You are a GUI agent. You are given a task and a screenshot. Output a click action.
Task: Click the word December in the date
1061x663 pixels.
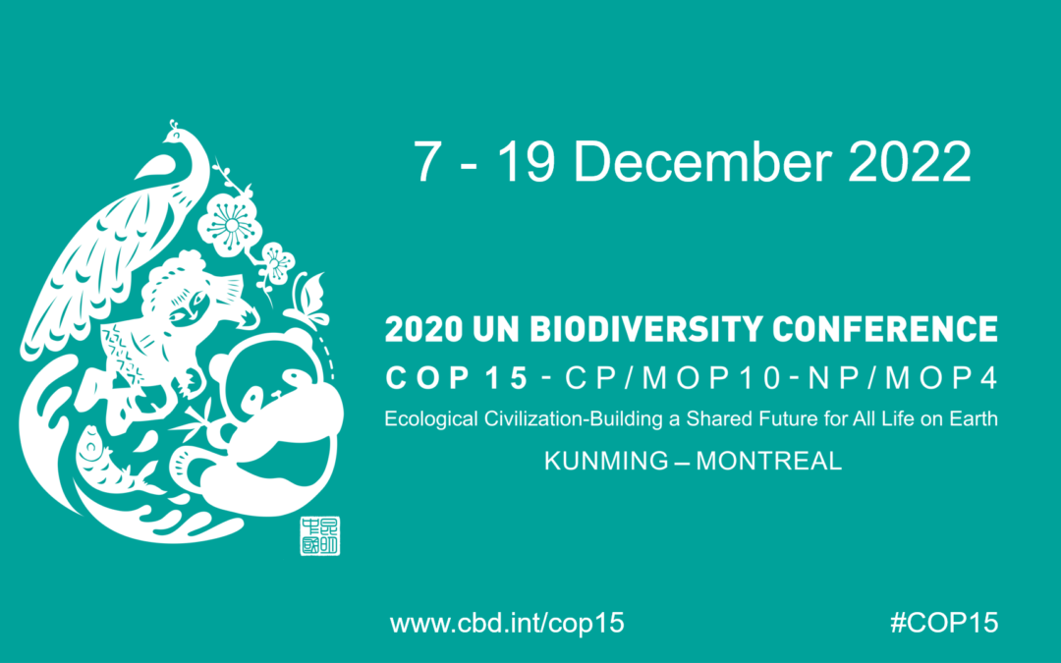click(701, 161)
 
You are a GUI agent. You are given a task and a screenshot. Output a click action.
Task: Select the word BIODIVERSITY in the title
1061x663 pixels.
click(646, 329)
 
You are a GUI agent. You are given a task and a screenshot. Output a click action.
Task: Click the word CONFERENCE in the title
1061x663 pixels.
click(885, 329)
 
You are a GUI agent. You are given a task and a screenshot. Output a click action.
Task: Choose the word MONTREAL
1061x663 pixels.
click(768, 461)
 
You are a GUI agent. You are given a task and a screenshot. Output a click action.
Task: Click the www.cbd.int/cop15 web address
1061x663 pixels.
click(507, 623)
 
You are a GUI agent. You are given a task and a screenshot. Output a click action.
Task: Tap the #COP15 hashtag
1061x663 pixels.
click(944, 623)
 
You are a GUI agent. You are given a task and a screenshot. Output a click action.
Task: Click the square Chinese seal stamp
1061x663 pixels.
click(320, 536)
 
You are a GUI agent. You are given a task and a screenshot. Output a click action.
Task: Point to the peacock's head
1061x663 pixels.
click(177, 135)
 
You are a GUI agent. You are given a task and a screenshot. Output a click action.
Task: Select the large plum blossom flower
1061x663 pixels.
click(230, 223)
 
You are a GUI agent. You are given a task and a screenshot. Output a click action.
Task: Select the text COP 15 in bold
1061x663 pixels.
click(456, 377)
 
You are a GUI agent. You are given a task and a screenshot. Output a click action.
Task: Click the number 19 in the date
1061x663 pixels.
click(526, 161)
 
